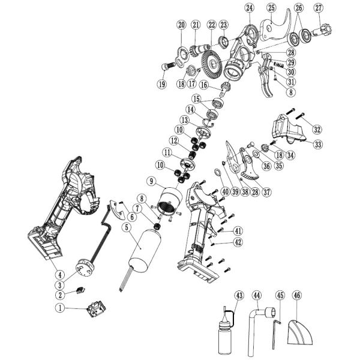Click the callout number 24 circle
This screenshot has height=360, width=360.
250,8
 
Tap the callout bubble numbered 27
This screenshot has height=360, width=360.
319,8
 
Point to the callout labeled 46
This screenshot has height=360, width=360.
297,295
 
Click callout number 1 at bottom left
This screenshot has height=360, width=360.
59,307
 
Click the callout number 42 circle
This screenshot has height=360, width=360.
238,242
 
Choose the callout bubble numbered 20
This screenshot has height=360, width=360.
181,25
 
